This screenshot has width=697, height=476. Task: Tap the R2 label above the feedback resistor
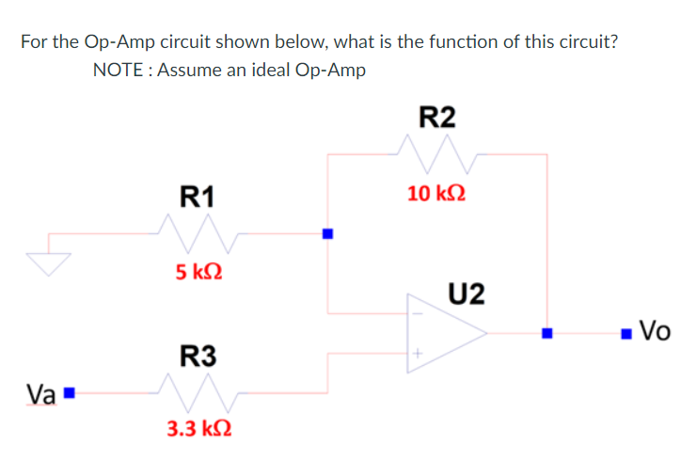click(436, 117)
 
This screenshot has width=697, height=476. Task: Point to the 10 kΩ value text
click(436, 194)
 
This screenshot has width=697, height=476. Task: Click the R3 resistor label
click(198, 357)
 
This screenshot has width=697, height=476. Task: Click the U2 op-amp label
click(467, 294)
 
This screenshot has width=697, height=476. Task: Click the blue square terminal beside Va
click(70, 391)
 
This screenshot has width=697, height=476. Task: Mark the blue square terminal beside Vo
click(626, 332)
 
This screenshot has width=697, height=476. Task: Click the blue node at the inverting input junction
click(327, 233)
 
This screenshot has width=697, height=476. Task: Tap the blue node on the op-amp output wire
click(547, 332)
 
